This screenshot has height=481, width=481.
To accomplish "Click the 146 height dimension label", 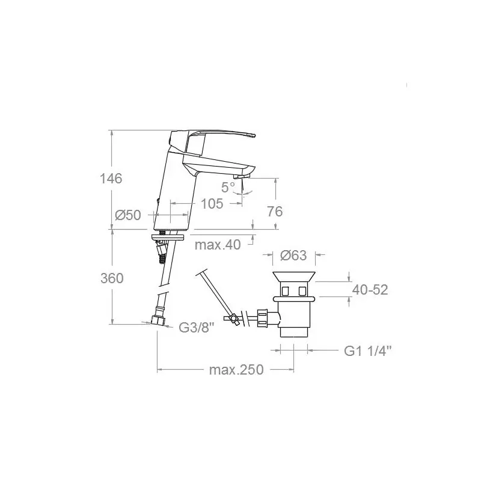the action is click(111, 179).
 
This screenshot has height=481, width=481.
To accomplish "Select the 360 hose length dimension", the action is click(112, 278).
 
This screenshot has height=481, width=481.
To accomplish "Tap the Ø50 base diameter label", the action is click(128, 215).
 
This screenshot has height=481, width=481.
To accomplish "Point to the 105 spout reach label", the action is click(212, 204).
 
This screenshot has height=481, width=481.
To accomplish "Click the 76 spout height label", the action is click(275, 212).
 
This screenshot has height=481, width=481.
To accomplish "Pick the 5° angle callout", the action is click(228, 187).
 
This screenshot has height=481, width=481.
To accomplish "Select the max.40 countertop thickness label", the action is click(218, 245).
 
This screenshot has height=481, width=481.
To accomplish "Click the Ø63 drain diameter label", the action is click(293, 255).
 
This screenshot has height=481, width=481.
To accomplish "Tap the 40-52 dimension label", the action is click(370, 290).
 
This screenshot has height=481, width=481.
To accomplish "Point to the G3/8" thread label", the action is click(197, 328).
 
